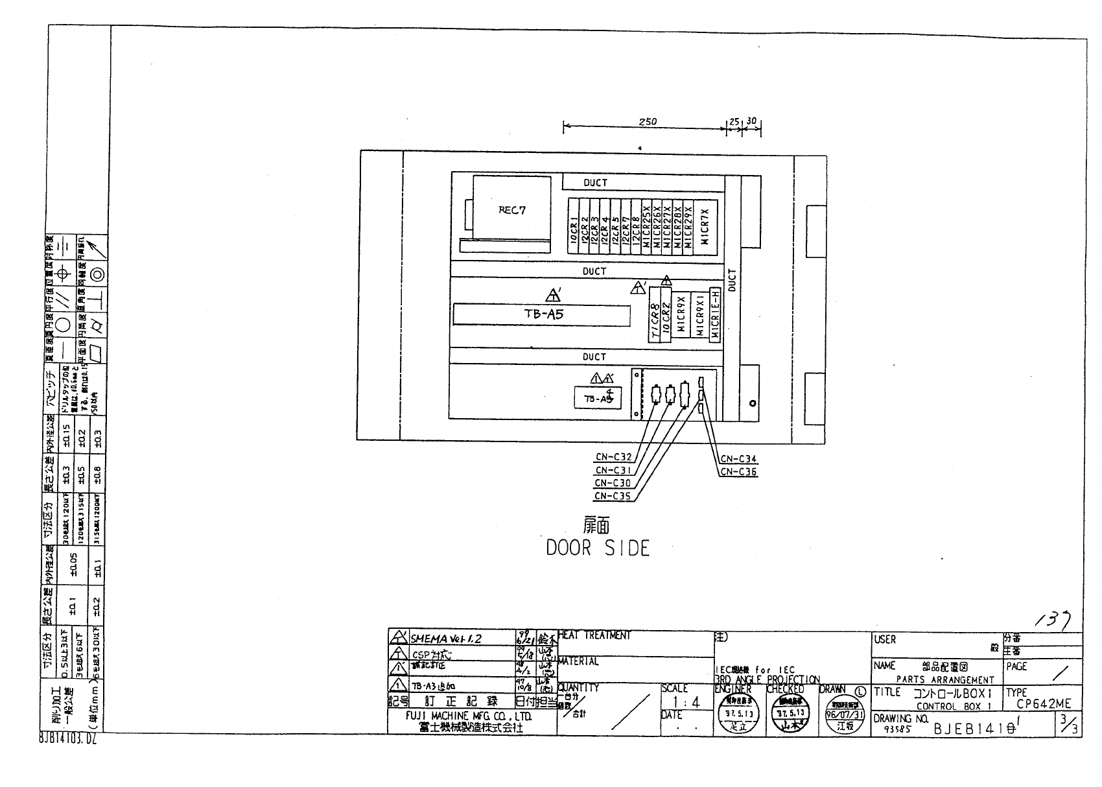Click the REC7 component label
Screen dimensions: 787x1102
click(x=511, y=210)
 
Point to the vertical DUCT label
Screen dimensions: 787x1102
click(x=733, y=280)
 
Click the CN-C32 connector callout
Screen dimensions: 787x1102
click(x=613, y=458)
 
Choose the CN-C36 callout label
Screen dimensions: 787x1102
click(x=738, y=472)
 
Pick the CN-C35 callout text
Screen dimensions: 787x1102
click(x=613, y=497)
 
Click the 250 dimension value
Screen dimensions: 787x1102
click(x=648, y=122)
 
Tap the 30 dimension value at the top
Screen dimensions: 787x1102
click(x=752, y=121)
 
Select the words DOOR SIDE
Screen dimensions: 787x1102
click(x=597, y=548)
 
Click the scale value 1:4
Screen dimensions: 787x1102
click(x=686, y=702)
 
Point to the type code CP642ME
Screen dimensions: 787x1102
click(x=1044, y=704)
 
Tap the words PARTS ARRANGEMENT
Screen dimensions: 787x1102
click(x=945, y=680)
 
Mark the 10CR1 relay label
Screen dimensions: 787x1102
click(x=574, y=229)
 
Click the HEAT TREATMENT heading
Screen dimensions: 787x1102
click(x=594, y=636)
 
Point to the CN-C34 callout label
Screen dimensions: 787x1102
click(x=738, y=459)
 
